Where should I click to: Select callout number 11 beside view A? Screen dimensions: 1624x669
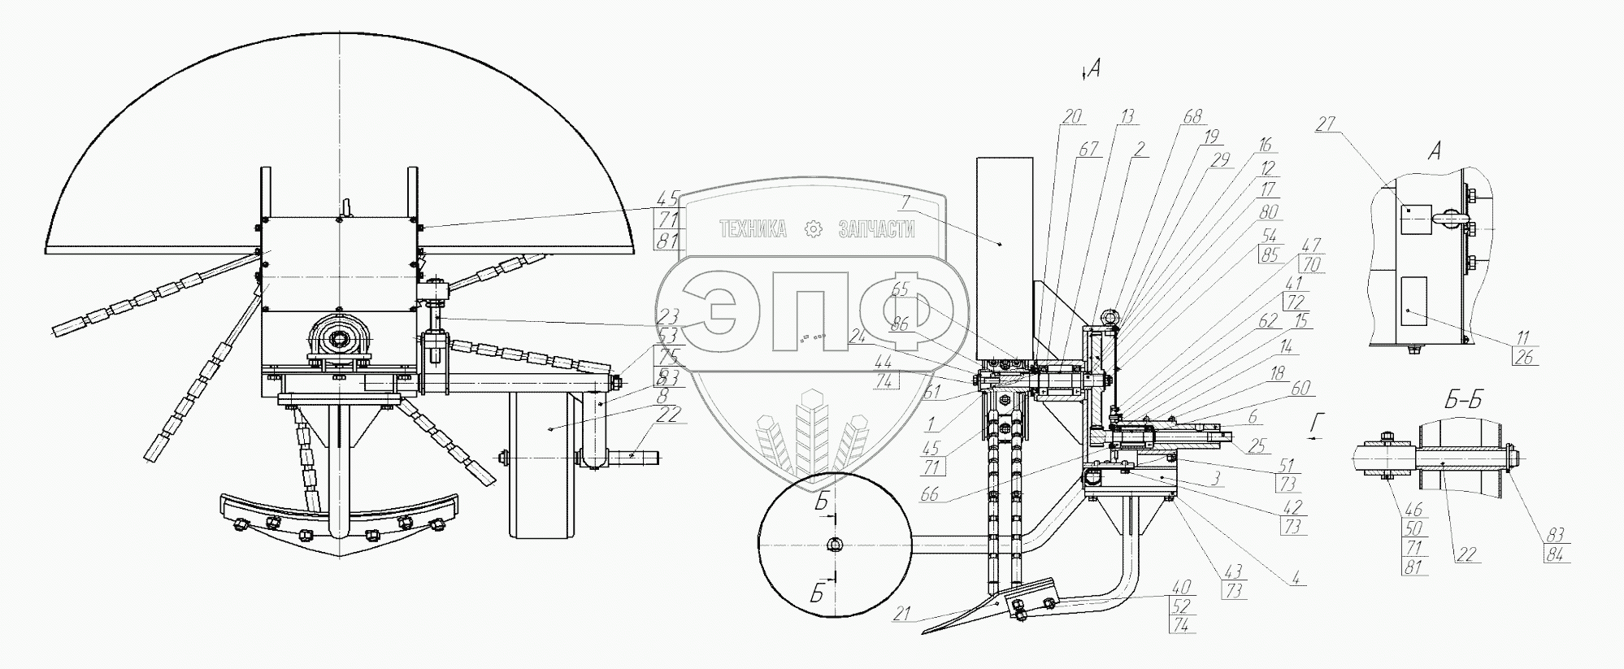[x=1522, y=337]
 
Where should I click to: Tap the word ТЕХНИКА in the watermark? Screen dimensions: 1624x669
[x=753, y=230]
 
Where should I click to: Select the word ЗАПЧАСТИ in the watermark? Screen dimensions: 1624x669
[x=876, y=230]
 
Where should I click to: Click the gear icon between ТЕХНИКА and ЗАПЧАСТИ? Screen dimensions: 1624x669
[x=812, y=230]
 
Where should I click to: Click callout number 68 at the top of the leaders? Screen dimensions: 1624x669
[x=1192, y=117]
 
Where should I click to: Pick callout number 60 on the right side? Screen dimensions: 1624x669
[x=1301, y=389]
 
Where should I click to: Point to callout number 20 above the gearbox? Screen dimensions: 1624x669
[x=1072, y=117]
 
